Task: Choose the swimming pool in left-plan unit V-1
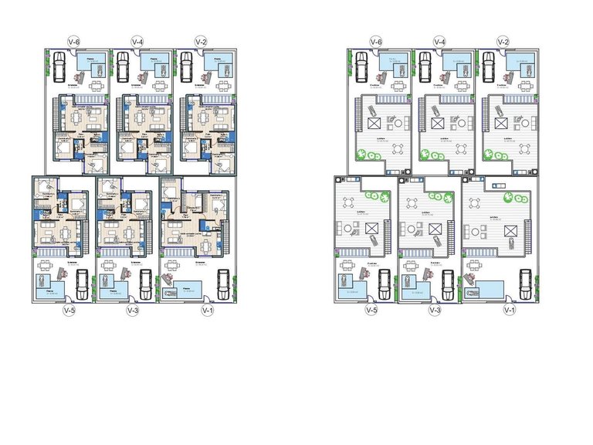(x=189, y=290)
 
